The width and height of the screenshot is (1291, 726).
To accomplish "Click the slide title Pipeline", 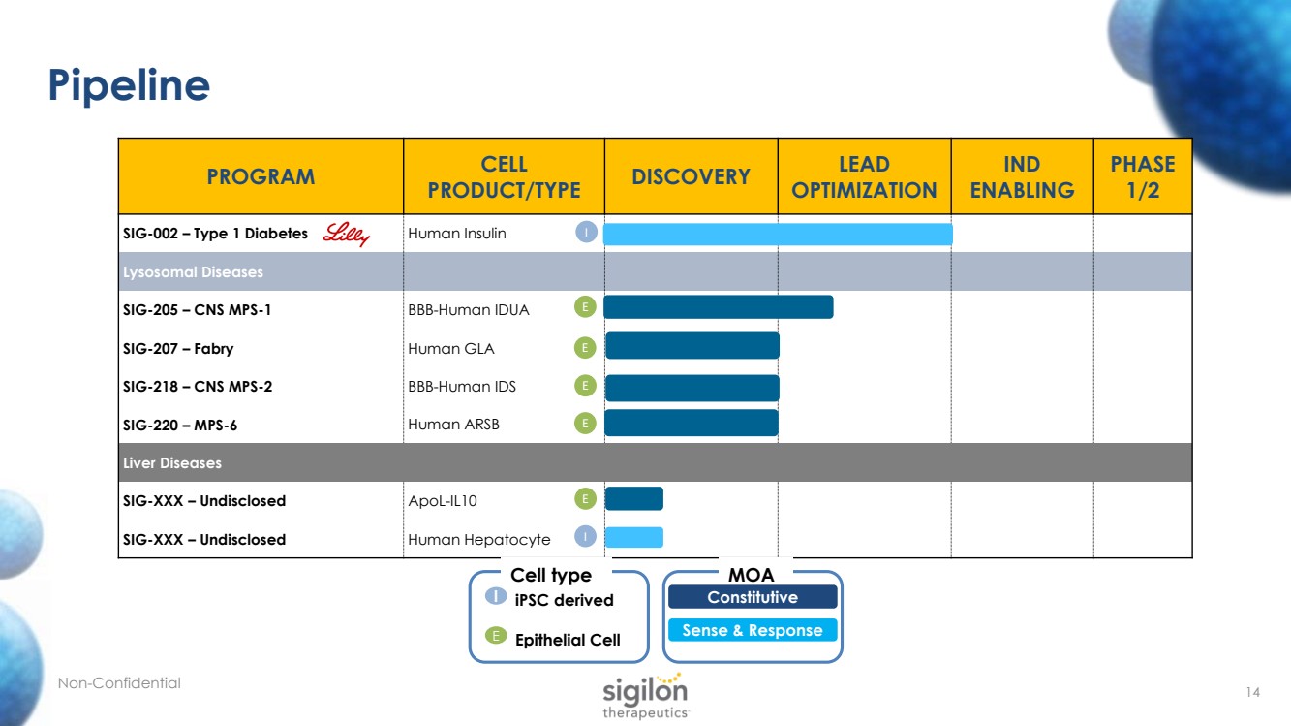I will pos(130,86).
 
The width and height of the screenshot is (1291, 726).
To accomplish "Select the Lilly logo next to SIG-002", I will pos(346,234).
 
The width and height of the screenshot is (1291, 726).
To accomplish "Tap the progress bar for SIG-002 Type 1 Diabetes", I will pos(778,234).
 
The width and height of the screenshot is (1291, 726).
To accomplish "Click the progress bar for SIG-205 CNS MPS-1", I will pos(718,307).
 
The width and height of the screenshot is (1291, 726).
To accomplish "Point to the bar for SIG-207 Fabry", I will pos(692,346).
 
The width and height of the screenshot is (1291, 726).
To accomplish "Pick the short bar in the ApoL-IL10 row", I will pos(633,499).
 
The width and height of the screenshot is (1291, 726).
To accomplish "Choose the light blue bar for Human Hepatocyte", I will pos(633,537).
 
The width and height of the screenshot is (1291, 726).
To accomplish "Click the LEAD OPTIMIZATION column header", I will pos(864,176).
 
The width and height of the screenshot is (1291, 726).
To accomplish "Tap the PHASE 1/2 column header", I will pos(1143,176).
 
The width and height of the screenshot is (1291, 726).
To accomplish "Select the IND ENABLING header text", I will pos(1022,176).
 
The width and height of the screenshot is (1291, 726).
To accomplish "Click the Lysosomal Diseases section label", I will pos(193,272).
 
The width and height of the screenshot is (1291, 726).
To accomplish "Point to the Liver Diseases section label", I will pos(172,463).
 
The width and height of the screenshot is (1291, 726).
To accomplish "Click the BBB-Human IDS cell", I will pos(462,387).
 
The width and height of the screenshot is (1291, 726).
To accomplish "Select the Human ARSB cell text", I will pos(453,425).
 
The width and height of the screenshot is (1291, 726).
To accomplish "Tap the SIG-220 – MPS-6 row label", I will pos(180,425).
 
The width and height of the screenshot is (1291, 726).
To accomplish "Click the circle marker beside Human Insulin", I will pos(586,233).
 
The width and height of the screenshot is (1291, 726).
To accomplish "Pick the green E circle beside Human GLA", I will pos(584,347).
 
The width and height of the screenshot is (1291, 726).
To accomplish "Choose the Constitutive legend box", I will pos(752,597).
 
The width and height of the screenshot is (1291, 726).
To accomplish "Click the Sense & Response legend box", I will pos(752,630).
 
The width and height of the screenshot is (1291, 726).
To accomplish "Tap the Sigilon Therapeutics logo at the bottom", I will pos(645,695).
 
